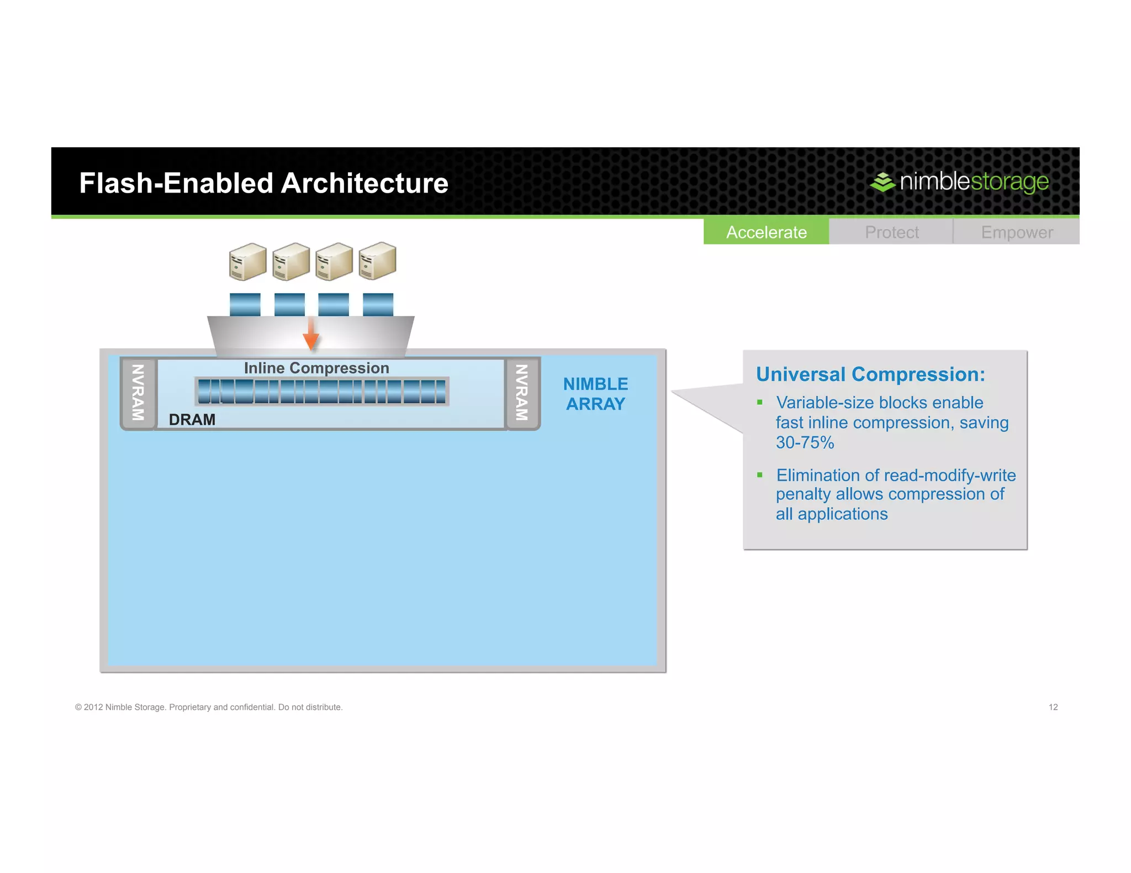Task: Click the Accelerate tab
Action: (x=766, y=232)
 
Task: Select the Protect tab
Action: (x=891, y=232)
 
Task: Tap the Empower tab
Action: (x=1017, y=232)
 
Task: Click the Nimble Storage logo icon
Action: (x=882, y=182)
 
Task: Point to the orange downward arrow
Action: (x=311, y=335)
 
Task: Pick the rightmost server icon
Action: (x=377, y=261)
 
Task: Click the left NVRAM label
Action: (x=138, y=392)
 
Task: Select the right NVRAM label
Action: (x=522, y=392)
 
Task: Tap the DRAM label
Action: (x=192, y=419)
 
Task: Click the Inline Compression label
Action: (x=316, y=368)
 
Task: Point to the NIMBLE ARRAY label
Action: (x=595, y=394)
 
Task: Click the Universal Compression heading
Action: (x=870, y=374)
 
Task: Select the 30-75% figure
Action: (x=805, y=443)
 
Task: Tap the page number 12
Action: (x=1053, y=707)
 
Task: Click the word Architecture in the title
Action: (x=364, y=183)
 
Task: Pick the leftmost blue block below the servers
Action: (x=245, y=304)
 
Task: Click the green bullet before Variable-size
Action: (x=760, y=402)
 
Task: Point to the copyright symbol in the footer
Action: (x=78, y=707)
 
